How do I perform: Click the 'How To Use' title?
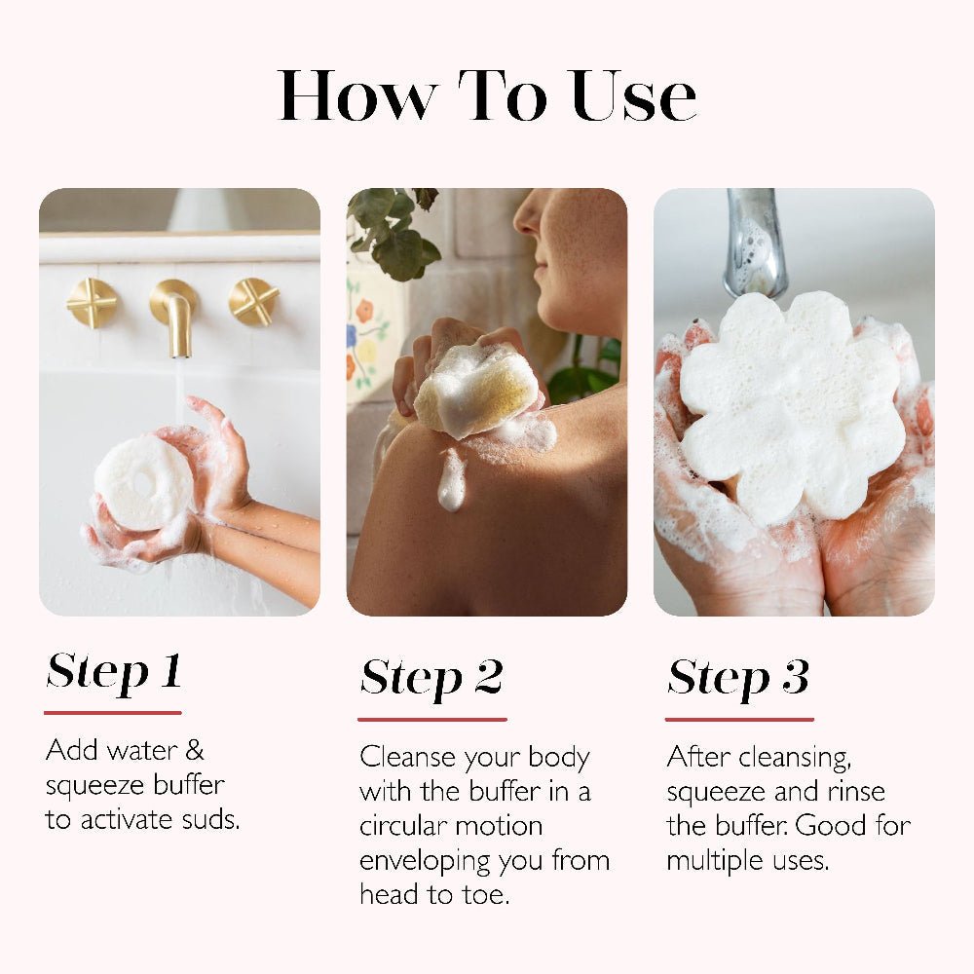(x=487, y=96)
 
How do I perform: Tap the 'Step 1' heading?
(x=114, y=671)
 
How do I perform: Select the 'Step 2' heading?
(x=431, y=677)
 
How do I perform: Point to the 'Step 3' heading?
(x=738, y=677)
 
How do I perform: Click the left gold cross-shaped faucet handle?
(x=92, y=303)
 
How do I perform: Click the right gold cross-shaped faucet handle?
(x=253, y=302)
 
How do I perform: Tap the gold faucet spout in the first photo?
(x=175, y=314)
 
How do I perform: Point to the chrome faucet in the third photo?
(x=755, y=243)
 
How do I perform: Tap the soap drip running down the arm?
(x=451, y=481)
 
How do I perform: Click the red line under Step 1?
(x=113, y=713)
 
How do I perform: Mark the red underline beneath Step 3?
(x=739, y=720)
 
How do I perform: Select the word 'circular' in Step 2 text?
(x=401, y=826)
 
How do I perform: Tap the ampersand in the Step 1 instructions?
(x=194, y=750)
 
